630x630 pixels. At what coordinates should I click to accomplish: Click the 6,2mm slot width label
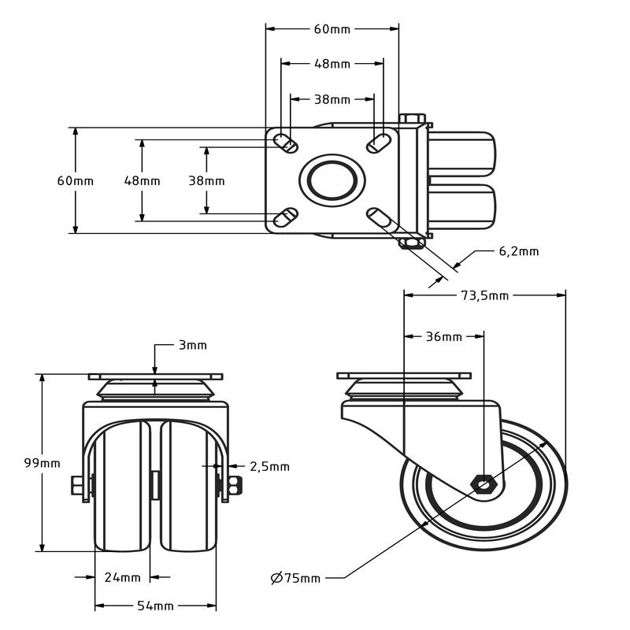pos(519,251)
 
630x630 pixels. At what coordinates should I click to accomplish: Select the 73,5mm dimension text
pos(484,295)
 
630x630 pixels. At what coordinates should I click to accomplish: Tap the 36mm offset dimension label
pos(443,337)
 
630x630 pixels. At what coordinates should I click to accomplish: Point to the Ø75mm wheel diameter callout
pos(295,578)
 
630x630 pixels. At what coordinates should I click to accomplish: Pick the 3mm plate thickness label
pos(192,345)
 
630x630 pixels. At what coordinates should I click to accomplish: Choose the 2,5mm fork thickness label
pos(269,466)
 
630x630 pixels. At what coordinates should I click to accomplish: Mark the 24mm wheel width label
pos(122,577)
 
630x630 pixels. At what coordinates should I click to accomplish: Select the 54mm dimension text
pos(155,606)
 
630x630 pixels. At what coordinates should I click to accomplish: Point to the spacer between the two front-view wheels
pos(155,483)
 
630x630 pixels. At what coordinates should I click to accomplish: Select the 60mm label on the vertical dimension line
pos(75,180)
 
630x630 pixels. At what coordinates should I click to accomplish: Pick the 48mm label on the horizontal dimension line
pos(332,64)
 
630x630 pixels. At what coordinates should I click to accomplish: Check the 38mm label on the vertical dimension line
pos(206,180)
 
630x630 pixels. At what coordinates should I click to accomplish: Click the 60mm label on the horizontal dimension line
pos(332,29)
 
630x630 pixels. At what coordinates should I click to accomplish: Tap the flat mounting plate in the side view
pos(403,375)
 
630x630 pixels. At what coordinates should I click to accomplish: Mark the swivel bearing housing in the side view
pos(403,390)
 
